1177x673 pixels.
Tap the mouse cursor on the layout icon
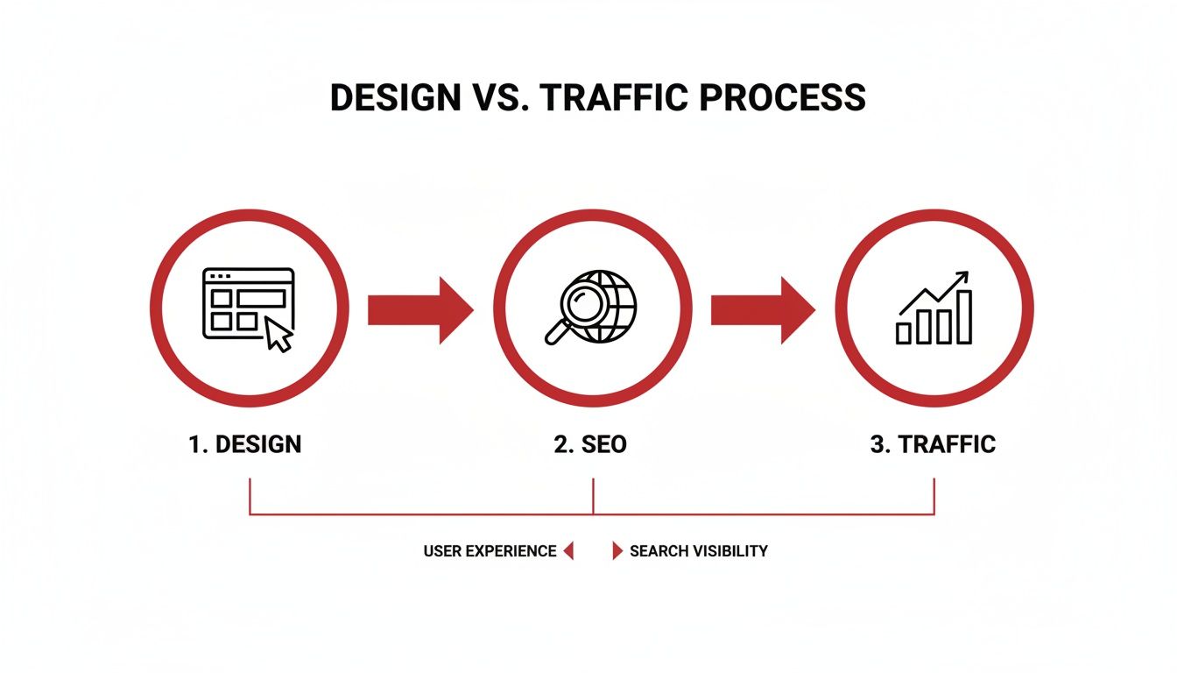pyautogui.click(x=278, y=336)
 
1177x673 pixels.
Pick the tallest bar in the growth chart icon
pyautogui.click(x=964, y=317)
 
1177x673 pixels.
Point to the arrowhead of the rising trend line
pyautogui.click(x=964, y=277)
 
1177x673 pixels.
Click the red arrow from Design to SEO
pyautogui.click(x=420, y=309)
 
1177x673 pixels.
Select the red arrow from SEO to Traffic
pyautogui.click(x=763, y=309)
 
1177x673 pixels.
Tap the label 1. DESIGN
pyautogui.click(x=245, y=444)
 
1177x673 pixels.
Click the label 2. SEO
pyautogui.click(x=590, y=444)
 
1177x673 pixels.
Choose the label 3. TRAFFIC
pyautogui.click(x=933, y=444)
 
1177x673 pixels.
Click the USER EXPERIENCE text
pyautogui.click(x=490, y=551)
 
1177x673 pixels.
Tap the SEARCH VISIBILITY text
pyautogui.click(x=698, y=551)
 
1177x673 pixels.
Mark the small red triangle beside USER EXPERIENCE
pyautogui.click(x=568, y=551)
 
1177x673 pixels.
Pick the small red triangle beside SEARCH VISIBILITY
pyautogui.click(x=617, y=551)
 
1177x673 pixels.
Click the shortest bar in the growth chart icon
pyautogui.click(x=904, y=333)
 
